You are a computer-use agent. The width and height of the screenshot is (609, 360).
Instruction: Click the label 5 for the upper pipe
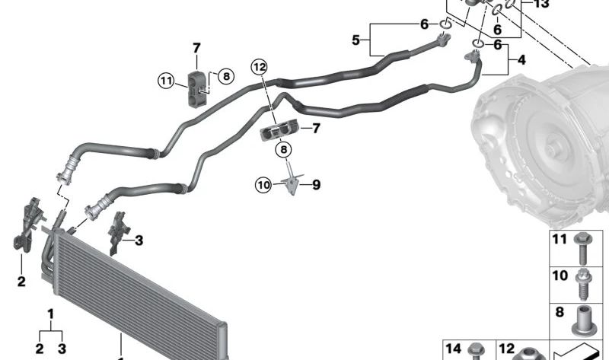coord(356,39)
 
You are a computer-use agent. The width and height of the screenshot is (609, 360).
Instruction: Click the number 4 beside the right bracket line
coord(521,59)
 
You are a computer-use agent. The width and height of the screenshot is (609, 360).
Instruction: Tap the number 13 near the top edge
coord(541,5)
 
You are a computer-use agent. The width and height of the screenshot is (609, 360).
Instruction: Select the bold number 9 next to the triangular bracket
coord(316,184)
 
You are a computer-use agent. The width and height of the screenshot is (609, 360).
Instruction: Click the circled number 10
coord(263,183)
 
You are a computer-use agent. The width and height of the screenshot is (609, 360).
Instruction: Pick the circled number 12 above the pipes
coord(261,67)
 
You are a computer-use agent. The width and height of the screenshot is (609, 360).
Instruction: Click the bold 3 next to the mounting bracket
coord(139,241)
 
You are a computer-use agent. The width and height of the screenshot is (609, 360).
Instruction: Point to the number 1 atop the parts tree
coord(51,314)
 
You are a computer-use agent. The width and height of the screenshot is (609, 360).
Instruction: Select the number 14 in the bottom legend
coord(454,349)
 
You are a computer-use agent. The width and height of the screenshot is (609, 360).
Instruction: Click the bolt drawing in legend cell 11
coord(582,245)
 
